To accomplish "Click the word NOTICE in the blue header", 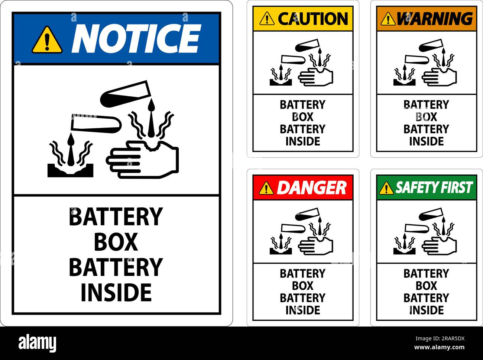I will (136, 38).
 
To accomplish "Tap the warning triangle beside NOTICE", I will (47, 40).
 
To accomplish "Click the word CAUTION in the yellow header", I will (312, 19).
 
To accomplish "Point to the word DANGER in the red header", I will (311, 188).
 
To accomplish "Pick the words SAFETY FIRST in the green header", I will (434, 188).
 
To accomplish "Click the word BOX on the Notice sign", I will (116, 242).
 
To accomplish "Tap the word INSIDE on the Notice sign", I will (116, 292).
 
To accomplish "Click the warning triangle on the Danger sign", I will (266, 188).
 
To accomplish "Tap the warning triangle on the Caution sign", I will (267, 19).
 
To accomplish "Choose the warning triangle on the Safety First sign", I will (386, 189).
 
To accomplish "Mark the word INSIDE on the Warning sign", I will (426, 141).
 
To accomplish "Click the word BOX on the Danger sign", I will (302, 286).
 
